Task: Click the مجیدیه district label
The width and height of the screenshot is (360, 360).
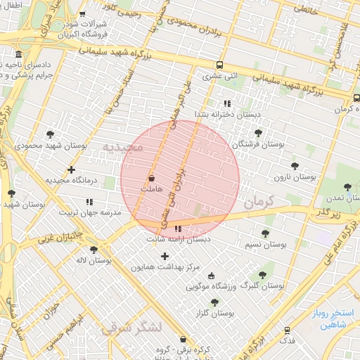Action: (123, 147)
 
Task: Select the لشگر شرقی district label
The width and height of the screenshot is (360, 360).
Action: (131, 327)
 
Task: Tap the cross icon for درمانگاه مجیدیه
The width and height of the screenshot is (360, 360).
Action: (71, 169)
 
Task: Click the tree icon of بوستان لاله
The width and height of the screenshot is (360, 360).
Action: (94, 249)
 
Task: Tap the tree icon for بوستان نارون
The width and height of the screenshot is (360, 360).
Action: (295, 166)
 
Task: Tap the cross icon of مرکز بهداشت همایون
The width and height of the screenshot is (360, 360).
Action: (165, 256)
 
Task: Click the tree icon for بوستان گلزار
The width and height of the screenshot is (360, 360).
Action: (214, 302)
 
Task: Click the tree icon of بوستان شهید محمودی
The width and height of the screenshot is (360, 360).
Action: (50, 134)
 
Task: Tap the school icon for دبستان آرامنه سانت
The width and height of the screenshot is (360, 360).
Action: (178, 229)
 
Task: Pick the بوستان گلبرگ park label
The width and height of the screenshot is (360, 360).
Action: (262, 286)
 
